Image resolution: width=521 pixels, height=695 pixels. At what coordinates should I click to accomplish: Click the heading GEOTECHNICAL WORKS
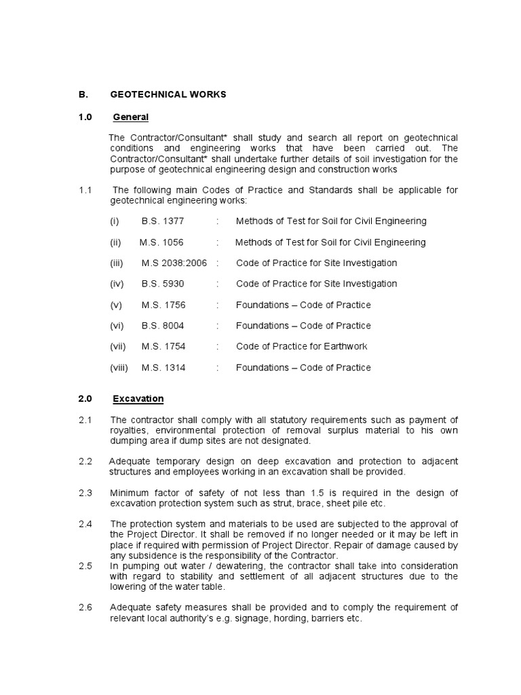tap(168, 94)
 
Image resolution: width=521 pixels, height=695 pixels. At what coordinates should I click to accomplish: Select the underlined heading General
tap(130, 117)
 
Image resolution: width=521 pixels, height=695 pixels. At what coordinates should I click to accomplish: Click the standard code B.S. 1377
tap(163, 221)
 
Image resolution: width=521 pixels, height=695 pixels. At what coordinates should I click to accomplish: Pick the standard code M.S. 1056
tap(161, 242)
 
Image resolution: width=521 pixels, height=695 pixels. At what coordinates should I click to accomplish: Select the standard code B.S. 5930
tap(163, 284)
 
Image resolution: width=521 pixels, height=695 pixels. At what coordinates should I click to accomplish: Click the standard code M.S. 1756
tap(163, 305)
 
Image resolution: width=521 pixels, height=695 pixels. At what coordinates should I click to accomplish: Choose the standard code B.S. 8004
tap(163, 326)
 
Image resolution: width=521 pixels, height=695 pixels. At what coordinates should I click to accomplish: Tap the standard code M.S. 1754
tap(163, 346)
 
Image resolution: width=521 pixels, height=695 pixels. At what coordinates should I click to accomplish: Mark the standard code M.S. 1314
tap(163, 367)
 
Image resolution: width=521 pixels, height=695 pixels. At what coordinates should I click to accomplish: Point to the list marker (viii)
tap(119, 367)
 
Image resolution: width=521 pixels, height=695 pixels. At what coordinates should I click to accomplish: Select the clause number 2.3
tap(85, 493)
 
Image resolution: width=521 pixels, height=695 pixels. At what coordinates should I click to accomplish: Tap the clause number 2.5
tap(85, 566)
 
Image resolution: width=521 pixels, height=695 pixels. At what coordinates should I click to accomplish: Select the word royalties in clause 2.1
tap(131, 430)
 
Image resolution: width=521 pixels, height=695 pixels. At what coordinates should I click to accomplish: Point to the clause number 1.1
tap(85, 190)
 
